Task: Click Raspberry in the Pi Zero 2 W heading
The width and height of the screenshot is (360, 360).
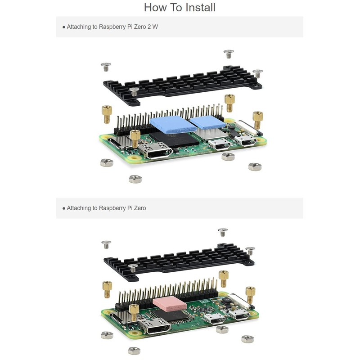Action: tap(112, 27)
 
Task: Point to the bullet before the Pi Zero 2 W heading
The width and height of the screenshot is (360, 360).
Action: tap(64, 27)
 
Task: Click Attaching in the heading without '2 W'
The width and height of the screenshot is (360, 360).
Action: tap(82, 208)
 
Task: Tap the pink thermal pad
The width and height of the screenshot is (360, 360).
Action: tap(169, 304)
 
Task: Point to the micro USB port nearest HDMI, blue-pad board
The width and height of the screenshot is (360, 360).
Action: tap(220, 144)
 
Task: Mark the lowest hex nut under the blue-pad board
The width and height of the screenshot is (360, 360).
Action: tap(135, 179)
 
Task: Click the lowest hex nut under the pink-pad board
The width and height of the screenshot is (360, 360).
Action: tap(134, 351)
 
